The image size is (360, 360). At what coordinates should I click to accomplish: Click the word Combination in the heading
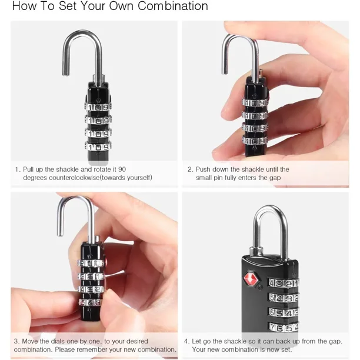173,6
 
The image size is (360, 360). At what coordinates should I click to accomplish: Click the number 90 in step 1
122,169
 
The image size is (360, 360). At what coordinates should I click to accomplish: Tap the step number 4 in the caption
186,341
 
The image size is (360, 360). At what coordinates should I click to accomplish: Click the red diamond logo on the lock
251,278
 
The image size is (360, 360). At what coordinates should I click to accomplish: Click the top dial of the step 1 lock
98,107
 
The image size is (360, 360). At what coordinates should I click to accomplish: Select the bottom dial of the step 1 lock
98,146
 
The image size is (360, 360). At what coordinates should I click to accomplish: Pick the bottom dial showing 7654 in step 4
284,327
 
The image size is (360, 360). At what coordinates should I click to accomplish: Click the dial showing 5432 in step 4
284,298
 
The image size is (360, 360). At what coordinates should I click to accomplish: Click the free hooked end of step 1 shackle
66,74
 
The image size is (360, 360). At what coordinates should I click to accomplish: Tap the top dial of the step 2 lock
255,103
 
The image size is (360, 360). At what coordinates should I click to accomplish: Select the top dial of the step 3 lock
91,263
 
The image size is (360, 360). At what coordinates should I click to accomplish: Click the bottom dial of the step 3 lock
90,302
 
